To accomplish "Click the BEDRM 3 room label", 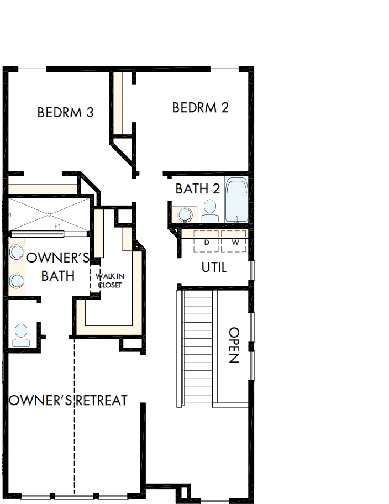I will tap(65, 112).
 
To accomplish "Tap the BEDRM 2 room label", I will tap(200, 107).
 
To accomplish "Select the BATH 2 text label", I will tap(197, 188).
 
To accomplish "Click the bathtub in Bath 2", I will tap(236, 200).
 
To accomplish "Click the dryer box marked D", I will tap(207, 242).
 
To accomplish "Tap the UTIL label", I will tap(214, 267).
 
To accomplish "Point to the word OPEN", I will tap(234, 345).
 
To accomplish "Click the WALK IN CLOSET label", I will tap(109, 280).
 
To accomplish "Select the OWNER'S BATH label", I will tap(58, 266).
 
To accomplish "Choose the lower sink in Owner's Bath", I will tap(16, 280).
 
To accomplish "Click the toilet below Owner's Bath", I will tap(21, 334).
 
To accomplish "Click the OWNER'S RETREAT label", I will tap(69, 400).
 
